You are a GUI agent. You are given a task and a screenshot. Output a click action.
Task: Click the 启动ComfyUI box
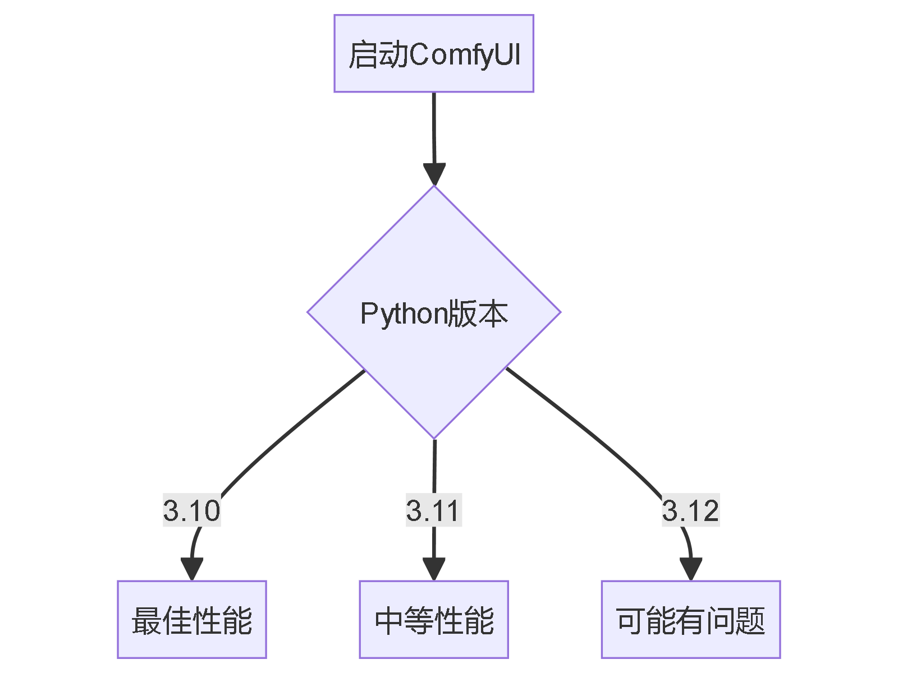[x=433, y=53]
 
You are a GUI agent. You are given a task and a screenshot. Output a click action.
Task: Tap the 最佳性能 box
[x=191, y=619]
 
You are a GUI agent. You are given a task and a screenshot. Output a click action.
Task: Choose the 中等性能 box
[x=433, y=619]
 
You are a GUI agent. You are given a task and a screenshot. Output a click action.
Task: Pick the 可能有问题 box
[x=690, y=619]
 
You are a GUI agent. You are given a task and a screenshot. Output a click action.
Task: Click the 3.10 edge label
[x=191, y=510]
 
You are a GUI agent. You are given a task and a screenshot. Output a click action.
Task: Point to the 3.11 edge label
[x=433, y=510]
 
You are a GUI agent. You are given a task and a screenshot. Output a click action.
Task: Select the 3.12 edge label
[x=690, y=510]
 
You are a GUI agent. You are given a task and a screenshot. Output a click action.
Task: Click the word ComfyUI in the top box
[x=465, y=55]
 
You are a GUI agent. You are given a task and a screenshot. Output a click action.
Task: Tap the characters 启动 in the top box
[x=378, y=55]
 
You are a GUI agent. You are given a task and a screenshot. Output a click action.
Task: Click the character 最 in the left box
[x=146, y=621]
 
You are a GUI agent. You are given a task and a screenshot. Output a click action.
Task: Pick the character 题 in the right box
[x=750, y=621]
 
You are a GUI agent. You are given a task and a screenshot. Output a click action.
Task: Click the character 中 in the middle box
[x=388, y=621]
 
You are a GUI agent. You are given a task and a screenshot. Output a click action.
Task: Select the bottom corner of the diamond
[x=434, y=437]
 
